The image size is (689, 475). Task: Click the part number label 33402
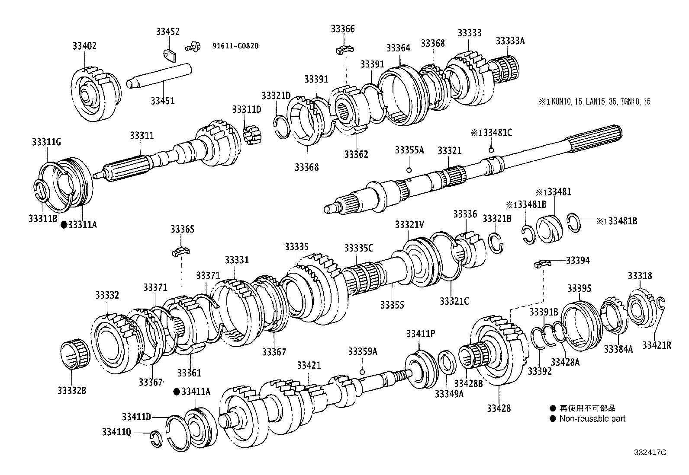pos(84,46)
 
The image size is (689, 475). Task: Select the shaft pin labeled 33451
pos(160,75)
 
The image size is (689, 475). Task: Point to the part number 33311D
pos(246,109)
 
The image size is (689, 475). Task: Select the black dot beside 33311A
pos(64,225)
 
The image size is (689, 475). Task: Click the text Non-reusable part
pos(592,418)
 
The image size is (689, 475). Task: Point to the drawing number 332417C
pos(650,452)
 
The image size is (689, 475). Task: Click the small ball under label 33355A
pos(409,169)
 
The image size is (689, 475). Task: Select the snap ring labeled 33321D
pos(282,126)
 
